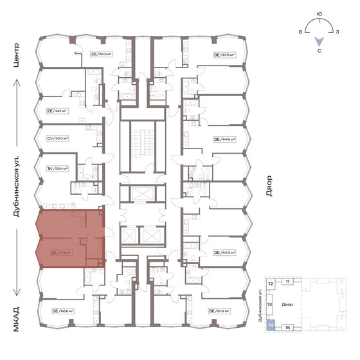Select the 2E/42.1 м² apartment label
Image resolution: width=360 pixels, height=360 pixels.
[x=58, y=111]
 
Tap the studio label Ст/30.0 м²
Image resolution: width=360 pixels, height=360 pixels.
[x=58, y=138]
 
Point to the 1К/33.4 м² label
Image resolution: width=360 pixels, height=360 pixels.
[x=58, y=168]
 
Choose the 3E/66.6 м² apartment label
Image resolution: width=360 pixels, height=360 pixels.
[x=63, y=310]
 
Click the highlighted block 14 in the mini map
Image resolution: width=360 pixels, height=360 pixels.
[x=271, y=326]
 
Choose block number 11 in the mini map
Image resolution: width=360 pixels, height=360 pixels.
[x=287, y=282]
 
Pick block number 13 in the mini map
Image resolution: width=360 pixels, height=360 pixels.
[x=271, y=305]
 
